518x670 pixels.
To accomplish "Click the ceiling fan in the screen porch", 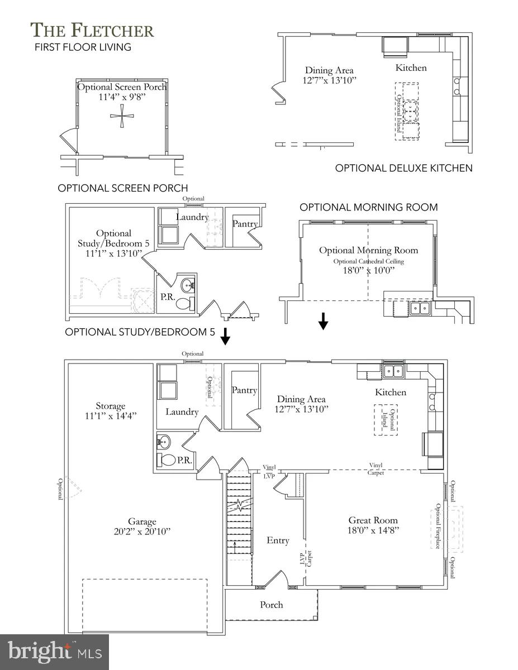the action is [122, 116].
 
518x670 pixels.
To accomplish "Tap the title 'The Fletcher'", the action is [92, 31].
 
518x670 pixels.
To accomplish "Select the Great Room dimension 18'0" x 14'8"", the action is [373, 530].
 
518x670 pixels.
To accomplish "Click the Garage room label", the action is [142, 521].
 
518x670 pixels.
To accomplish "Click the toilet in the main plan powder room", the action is [166, 460].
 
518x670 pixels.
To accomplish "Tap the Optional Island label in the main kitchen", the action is [388, 420].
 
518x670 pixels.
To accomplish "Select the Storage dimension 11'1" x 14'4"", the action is [111, 416].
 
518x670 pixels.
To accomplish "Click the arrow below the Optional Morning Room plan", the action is [323, 321].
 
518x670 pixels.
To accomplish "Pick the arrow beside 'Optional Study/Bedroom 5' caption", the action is [225, 336].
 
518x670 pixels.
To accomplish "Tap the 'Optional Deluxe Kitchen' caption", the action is [403, 168].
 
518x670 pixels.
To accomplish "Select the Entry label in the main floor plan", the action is [278, 540].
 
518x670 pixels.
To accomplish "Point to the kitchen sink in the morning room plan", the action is [420, 308].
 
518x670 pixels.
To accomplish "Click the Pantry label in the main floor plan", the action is [244, 390].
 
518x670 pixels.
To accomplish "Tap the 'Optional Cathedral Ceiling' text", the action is [368, 261].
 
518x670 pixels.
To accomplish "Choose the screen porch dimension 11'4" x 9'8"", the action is [122, 97].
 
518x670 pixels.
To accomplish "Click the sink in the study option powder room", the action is [187, 285].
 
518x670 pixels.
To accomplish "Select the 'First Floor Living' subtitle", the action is [83, 47].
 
